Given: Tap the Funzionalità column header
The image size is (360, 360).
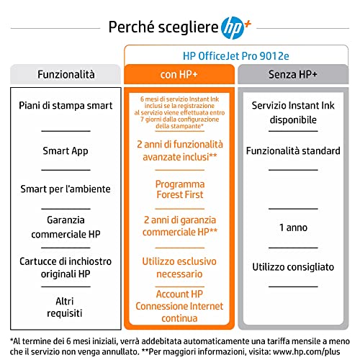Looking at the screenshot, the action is click(65, 75).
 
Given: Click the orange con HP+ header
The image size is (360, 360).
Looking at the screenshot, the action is click(179, 75).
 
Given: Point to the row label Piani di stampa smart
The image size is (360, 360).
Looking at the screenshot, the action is click(65, 106).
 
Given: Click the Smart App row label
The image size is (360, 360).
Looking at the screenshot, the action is click(65, 151).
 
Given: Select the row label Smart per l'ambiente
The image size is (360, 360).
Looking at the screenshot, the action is click(65, 189).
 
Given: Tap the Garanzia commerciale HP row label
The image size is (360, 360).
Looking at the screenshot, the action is click(65, 228).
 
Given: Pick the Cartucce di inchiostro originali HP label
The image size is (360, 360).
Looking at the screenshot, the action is click(65, 267).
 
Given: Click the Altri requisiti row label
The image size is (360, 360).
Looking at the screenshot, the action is click(65, 307).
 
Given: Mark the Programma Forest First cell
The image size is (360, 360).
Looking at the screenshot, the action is click(179, 189).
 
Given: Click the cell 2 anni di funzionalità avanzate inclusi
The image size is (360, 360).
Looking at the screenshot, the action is click(179, 150).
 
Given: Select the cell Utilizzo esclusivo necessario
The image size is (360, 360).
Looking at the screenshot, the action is click(179, 267).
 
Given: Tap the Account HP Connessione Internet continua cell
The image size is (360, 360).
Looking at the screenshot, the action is click(179, 305).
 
